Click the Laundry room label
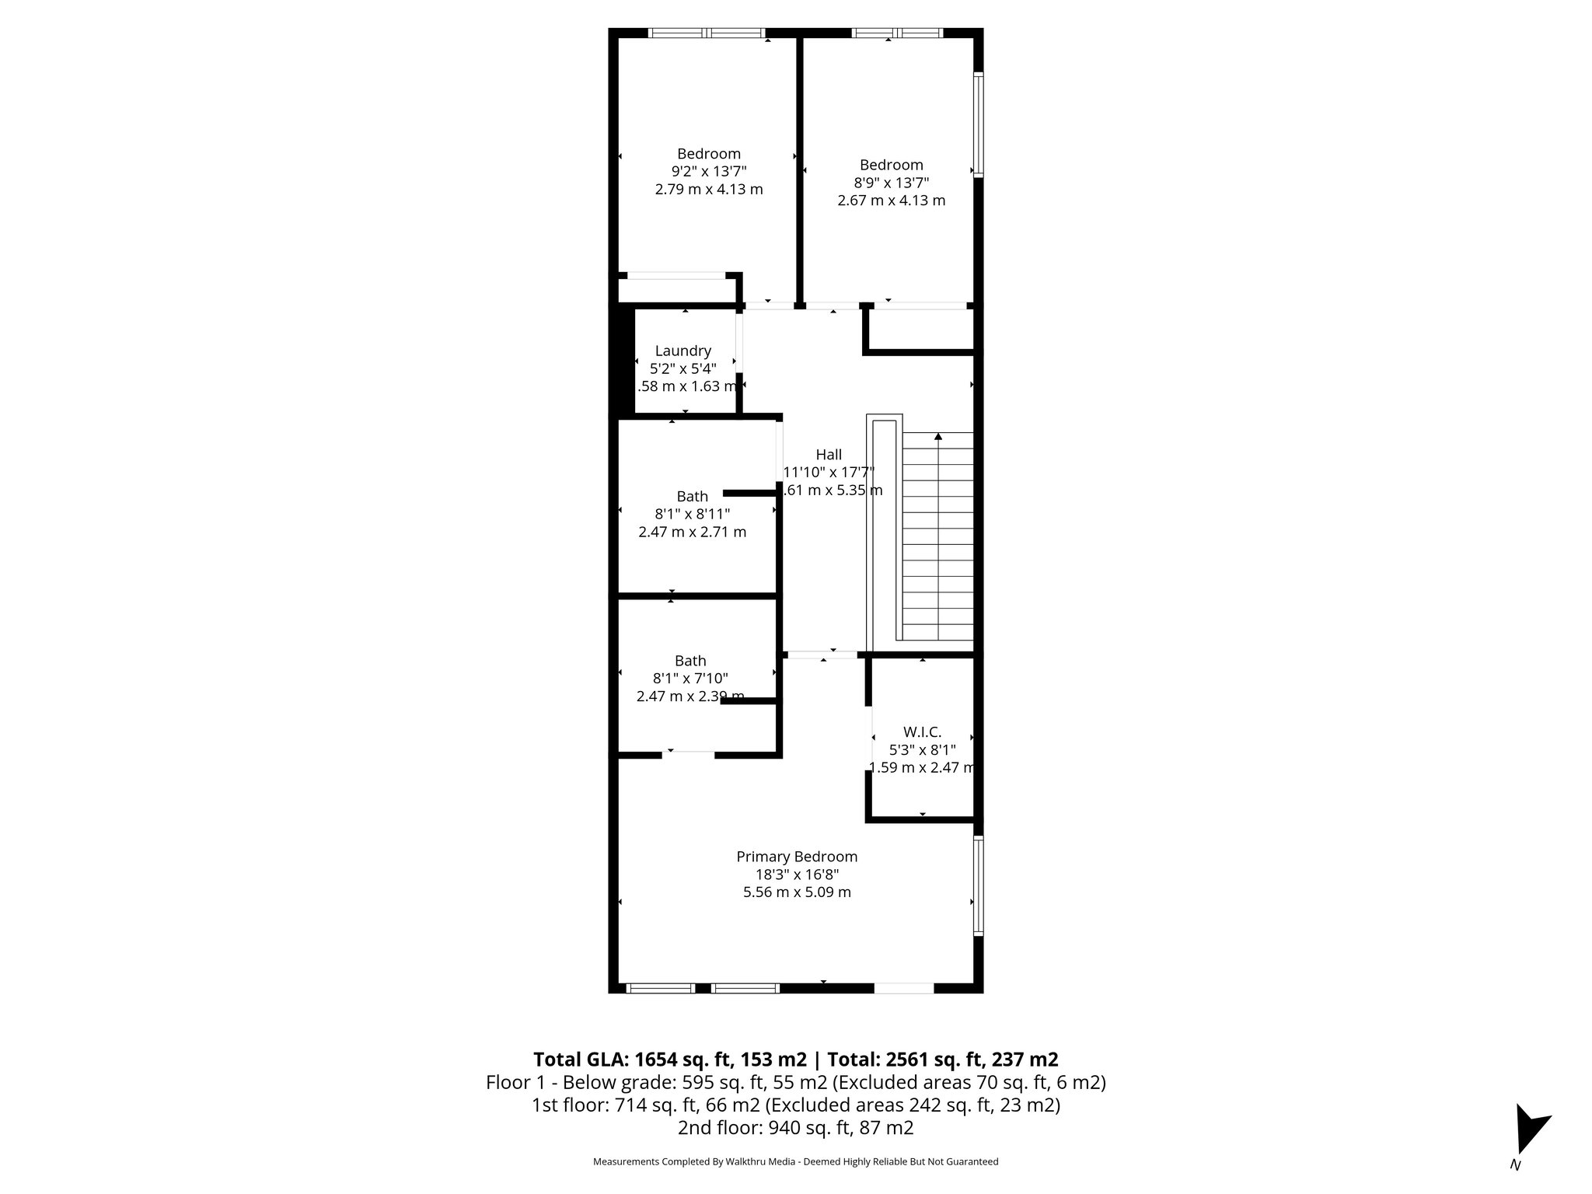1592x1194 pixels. click(683, 351)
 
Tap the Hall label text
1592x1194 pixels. click(829, 455)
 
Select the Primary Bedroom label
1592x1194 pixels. click(797, 857)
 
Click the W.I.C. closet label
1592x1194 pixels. click(922, 732)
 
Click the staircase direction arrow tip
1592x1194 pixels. click(938, 436)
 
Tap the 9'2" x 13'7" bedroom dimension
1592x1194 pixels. click(708, 172)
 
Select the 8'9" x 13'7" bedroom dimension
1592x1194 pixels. click(891, 183)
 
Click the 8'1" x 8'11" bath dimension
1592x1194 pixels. click(692, 514)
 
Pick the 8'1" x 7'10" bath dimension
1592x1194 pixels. click(690, 679)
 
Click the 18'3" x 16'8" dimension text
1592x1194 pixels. click(797, 875)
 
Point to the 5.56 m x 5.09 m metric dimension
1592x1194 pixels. click(797, 892)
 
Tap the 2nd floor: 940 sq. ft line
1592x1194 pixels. click(795, 1128)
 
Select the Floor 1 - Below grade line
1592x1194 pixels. click(795, 1082)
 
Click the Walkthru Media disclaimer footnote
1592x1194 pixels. click(795, 1162)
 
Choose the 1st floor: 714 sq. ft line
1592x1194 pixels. click(795, 1105)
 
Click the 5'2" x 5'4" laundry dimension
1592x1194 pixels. click(683, 368)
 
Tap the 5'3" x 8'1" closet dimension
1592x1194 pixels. click(922, 750)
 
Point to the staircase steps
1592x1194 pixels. click(937, 544)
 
